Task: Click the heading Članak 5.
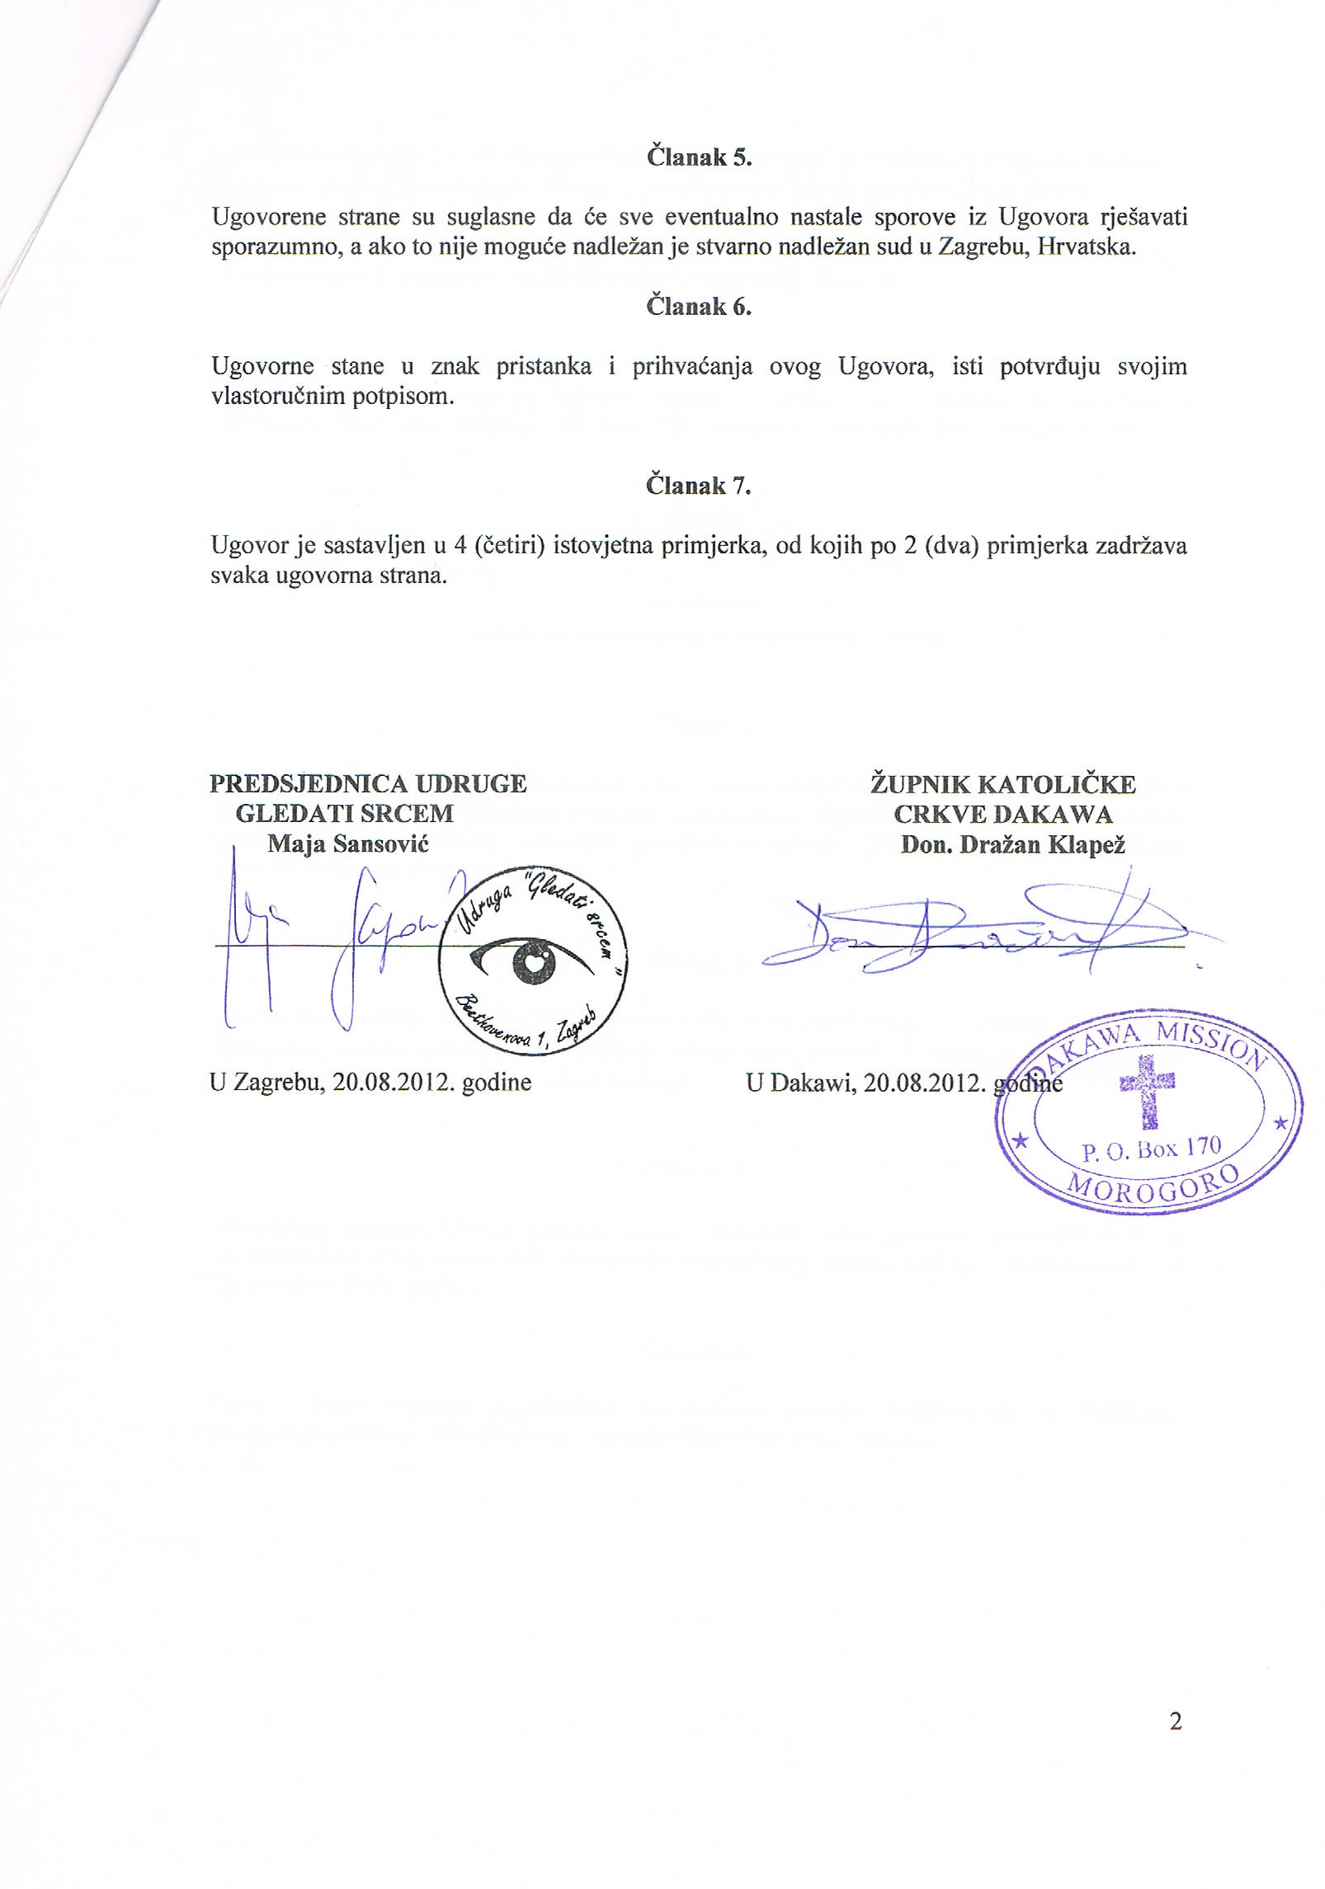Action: coord(698,157)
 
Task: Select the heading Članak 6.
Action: coord(698,307)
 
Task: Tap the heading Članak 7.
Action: coord(698,486)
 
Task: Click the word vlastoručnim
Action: coord(270,397)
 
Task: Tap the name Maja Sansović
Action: coord(347,844)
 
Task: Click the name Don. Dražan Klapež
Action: coord(1013,845)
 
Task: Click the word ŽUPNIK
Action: coord(918,784)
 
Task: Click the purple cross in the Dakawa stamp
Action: coord(1147,1088)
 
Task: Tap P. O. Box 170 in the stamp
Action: coord(1150,1149)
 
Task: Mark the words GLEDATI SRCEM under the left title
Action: coord(344,814)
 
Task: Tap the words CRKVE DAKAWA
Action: coord(1003,815)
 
